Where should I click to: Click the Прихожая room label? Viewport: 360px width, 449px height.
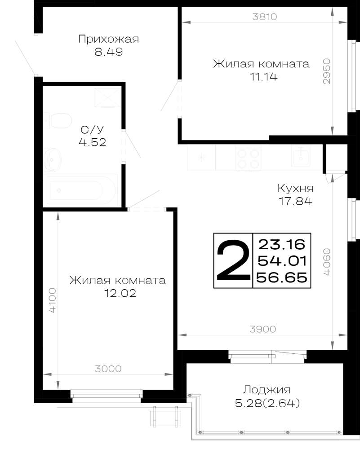[109, 39]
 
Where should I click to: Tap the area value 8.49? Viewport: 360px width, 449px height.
[109, 52]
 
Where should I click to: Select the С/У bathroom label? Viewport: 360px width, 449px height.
[92, 130]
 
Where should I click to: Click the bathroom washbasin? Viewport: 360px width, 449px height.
[53, 159]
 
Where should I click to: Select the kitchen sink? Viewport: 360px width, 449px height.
[301, 156]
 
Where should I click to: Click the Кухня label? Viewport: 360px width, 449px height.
[296, 189]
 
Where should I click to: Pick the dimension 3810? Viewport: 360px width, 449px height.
[265, 17]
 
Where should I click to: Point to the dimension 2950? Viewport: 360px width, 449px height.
[326, 71]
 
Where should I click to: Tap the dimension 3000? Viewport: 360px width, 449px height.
[108, 369]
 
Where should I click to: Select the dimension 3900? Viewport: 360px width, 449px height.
[262, 329]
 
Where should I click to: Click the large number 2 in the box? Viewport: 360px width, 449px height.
[233, 260]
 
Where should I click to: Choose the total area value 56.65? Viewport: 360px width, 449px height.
[282, 277]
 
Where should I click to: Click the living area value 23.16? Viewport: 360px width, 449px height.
[282, 244]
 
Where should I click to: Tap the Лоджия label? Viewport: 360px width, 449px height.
[267, 390]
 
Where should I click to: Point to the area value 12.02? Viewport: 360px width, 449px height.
[120, 293]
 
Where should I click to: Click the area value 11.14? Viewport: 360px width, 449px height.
[264, 77]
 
